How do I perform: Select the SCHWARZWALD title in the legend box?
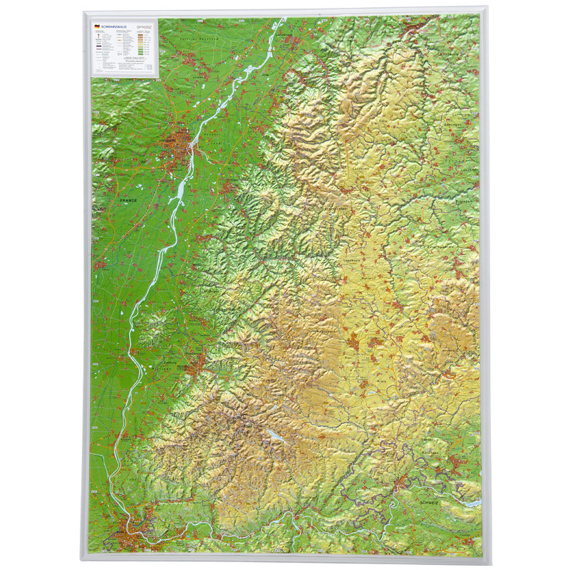(x=111, y=26)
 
